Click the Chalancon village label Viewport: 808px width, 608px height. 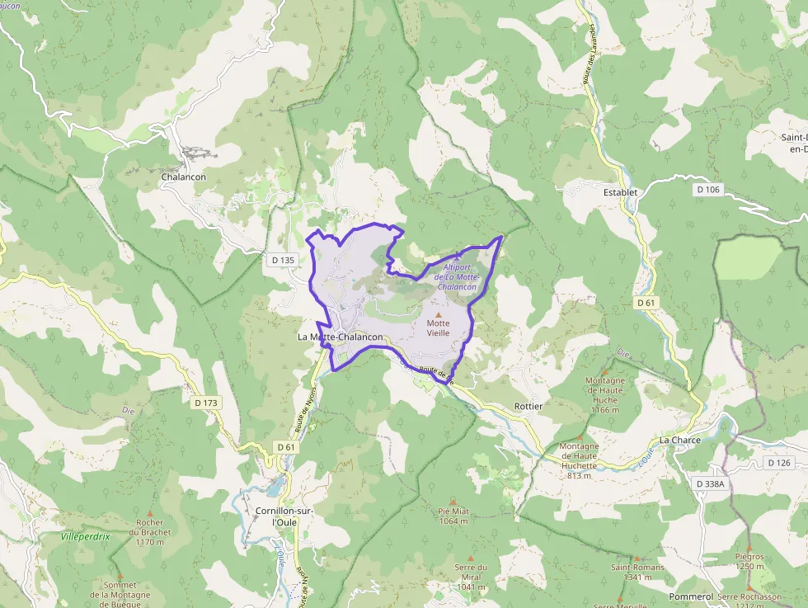click(184, 177)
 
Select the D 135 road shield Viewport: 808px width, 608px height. click(283, 260)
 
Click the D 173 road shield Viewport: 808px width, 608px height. click(208, 403)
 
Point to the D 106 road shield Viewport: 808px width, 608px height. click(707, 190)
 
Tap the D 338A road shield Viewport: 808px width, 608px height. click(710, 483)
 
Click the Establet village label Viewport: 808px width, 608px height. click(620, 193)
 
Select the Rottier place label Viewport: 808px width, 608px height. click(528, 407)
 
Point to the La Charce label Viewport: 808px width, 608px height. click(679, 441)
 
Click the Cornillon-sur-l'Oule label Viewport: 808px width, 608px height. click(285, 517)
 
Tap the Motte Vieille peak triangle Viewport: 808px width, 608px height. click(439, 314)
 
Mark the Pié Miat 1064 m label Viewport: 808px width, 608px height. click(453, 516)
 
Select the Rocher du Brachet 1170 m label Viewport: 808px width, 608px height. click(150, 532)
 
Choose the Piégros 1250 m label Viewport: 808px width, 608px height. click(749, 561)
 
